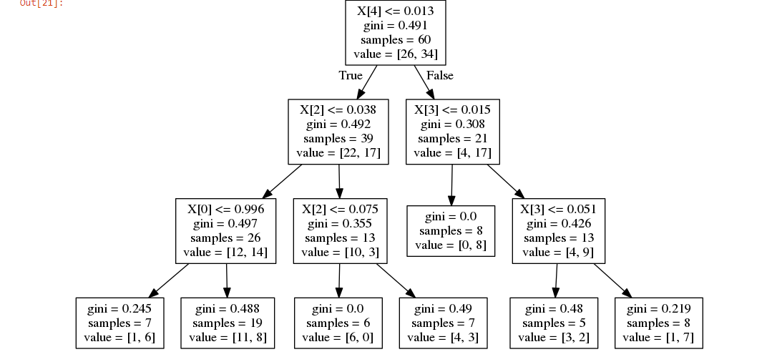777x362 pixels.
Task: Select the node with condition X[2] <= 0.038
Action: pos(338,132)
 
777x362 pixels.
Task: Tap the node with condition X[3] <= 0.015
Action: pos(452,132)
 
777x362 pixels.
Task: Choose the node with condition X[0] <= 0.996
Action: pos(225,230)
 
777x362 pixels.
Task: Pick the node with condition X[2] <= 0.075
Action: pos(340,230)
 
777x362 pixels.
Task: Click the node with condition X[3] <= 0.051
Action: pos(558,230)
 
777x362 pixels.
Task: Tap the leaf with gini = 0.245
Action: pos(119,323)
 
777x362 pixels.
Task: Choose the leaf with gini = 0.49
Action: pos(443,323)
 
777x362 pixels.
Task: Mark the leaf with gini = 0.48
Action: pos(553,323)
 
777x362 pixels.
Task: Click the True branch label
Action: pos(351,75)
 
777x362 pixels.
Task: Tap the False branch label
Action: pos(439,75)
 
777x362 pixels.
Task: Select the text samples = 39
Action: pos(338,139)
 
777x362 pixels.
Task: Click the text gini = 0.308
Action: pos(452,124)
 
